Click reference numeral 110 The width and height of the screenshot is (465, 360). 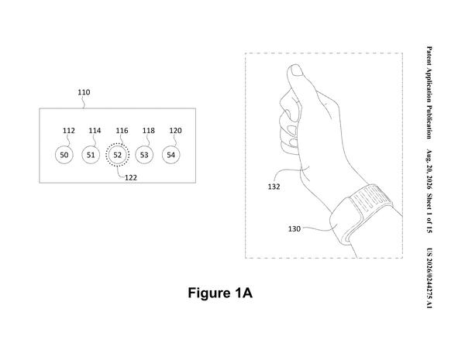[84, 92]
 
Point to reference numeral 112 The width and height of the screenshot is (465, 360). [69, 131]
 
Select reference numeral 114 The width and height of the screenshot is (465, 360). [95, 131]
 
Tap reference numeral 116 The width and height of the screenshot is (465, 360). [122, 131]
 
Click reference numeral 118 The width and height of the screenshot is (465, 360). [149, 131]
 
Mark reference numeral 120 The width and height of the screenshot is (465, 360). [176, 131]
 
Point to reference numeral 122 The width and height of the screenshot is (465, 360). [131, 178]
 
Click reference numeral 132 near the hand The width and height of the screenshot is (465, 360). [274, 187]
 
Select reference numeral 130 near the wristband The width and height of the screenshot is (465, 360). [294, 228]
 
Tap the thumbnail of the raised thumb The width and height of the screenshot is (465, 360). [296, 70]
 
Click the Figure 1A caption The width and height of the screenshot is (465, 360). [220, 293]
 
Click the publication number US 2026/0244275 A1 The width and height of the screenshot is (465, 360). [429, 278]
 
